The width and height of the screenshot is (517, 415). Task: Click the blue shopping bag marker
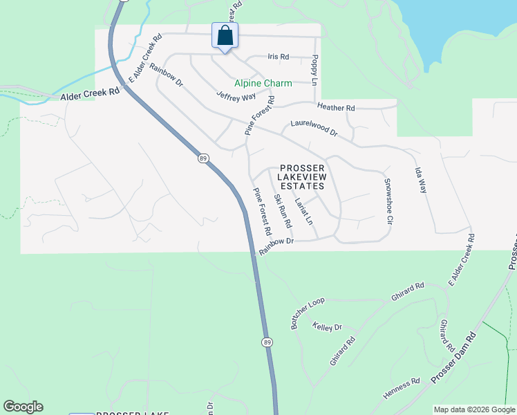click(x=225, y=36)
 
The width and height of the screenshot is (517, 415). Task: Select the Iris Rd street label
click(x=278, y=57)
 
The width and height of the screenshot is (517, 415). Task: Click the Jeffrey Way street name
click(x=236, y=96)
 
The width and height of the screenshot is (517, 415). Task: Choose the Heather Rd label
click(x=335, y=107)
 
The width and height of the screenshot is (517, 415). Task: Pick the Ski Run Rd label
click(x=283, y=212)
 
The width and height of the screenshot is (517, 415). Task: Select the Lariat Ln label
click(x=303, y=212)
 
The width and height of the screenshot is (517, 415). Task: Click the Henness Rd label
click(x=402, y=389)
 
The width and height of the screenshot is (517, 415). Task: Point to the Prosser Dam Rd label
click(x=453, y=359)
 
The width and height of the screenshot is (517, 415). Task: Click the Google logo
click(x=23, y=407)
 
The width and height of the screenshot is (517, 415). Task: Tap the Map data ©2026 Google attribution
click(x=474, y=409)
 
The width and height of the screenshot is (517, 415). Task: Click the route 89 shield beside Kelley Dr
click(x=267, y=342)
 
